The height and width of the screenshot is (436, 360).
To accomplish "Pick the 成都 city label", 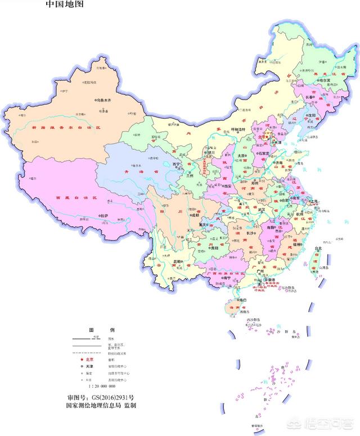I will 195,214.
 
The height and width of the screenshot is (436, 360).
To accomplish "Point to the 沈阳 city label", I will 312,114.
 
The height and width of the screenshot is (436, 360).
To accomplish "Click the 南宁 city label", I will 227,278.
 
